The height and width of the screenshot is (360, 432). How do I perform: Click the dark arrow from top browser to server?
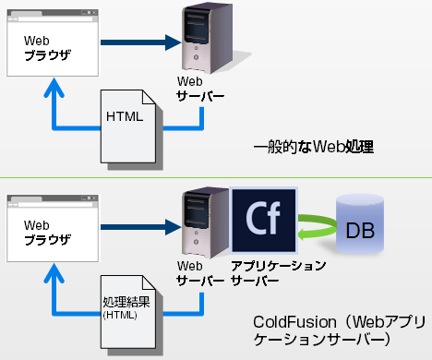click(x=138, y=42)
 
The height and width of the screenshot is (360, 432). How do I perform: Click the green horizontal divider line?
click(x=216, y=177)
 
